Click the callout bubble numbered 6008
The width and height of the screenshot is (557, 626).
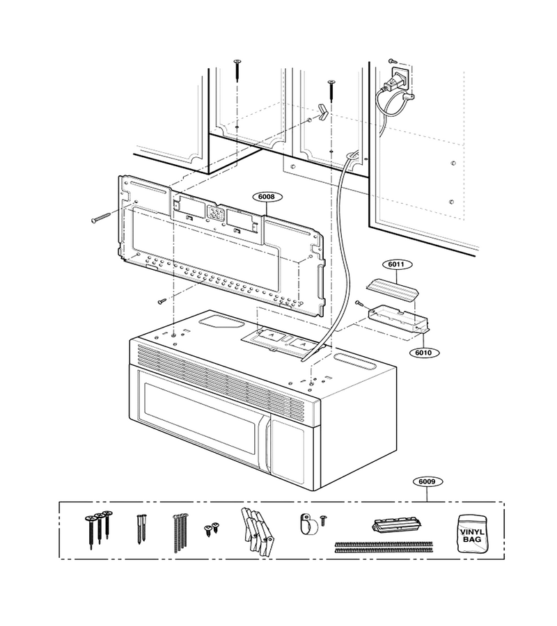tap(267, 196)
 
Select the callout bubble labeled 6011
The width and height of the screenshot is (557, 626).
tap(396, 264)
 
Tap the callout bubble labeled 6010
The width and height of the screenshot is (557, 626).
tap(423, 353)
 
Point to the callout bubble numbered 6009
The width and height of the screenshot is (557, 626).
tap(427, 481)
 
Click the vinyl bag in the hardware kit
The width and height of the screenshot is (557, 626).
tap(472, 533)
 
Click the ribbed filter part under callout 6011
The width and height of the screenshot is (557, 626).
tap(393, 290)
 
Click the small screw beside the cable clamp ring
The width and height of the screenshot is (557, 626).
tap(324, 520)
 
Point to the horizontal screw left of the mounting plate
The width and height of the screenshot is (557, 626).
tap(101, 218)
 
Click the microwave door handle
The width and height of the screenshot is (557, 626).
tap(265, 443)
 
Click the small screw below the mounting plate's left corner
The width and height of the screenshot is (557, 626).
tap(162, 300)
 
